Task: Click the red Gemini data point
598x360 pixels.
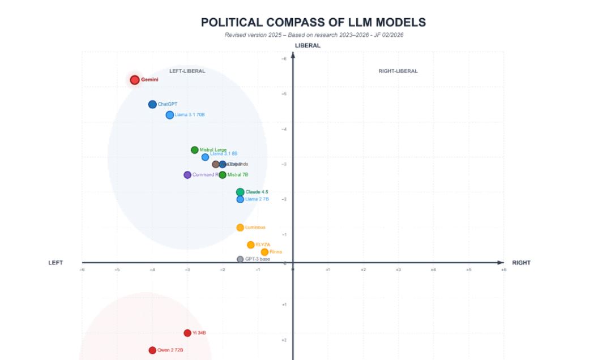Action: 135,80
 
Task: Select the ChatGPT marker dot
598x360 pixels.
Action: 152,104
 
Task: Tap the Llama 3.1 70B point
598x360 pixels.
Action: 170,115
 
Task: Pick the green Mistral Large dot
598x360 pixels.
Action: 195,150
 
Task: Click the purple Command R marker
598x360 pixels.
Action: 187,175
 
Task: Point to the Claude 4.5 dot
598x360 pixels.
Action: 240,192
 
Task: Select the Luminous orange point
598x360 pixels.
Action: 240,228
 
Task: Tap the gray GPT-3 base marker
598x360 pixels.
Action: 240,259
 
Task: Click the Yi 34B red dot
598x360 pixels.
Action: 187,333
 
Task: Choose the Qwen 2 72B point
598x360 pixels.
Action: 152,350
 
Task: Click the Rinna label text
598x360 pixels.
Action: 276,252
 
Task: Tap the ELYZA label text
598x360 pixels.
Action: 263,245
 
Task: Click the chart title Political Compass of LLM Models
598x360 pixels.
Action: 313,23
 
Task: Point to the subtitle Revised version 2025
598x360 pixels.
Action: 314,35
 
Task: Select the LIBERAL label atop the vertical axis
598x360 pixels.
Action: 307,45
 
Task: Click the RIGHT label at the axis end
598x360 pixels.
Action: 521,263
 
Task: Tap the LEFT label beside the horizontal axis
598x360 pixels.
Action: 55,263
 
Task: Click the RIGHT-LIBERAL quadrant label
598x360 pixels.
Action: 398,71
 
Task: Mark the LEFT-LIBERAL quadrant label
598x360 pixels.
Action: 187,71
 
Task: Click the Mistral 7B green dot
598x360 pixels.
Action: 223,175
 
